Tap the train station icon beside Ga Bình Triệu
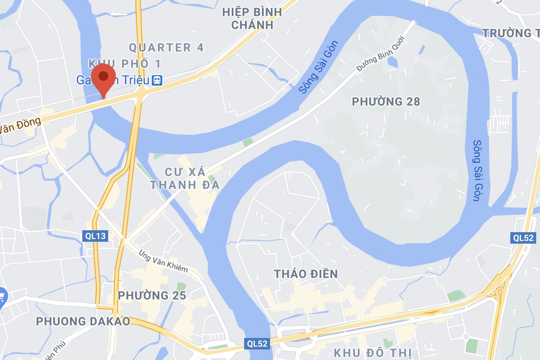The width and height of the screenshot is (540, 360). (157, 80)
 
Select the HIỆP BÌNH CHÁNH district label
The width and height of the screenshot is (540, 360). (252, 18)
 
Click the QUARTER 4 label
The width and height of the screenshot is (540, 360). (166, 47)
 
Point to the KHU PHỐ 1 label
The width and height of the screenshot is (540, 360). (124, 64)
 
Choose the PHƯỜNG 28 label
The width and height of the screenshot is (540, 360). (385, 101)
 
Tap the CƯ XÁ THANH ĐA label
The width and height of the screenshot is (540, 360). (185, 178)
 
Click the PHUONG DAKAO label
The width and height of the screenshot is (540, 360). (83, 321)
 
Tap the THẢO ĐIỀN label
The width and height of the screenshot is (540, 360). (306, 274)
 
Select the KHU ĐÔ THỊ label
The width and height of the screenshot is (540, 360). (373, 353)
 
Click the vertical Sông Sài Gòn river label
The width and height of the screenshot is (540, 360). (477, 170)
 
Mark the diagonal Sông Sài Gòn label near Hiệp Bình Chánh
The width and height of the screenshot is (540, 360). (318, 67)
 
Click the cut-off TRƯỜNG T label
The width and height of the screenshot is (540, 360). (510, 33)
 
